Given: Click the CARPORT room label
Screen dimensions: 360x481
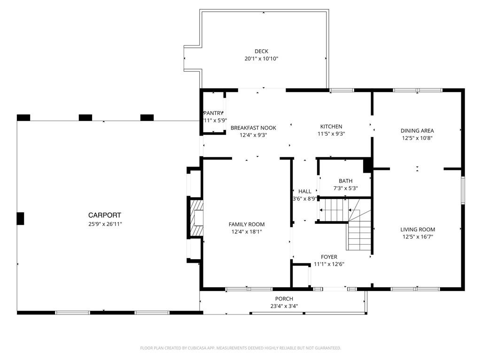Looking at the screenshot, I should click(x=105, y=215).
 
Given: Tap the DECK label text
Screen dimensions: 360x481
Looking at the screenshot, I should click(x=261, y=51).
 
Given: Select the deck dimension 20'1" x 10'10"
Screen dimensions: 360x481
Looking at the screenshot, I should click(x=261, y=59).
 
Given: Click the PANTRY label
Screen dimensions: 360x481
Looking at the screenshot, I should click(x=213, y=113).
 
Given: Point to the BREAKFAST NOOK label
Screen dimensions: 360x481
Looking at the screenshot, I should click(x=253, y=128).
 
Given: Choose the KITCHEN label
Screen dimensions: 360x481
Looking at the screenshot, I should click(x=331, y=126).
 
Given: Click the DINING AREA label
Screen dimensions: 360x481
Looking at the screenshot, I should click(x=417, y=130).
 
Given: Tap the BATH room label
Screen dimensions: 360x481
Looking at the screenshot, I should click(x=345, y=181).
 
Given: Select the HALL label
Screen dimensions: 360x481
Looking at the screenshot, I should click(x=305, y=191).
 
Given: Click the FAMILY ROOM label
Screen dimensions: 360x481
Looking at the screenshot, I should click(x=247, y=224).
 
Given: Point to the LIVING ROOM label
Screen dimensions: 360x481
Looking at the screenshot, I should click(x=418, y=230).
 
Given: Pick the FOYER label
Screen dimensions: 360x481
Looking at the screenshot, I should click(x=329, y=257).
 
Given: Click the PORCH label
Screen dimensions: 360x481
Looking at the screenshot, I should click(x=284, y=299).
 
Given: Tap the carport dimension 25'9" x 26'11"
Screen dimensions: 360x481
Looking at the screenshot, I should click(x=105, y=224).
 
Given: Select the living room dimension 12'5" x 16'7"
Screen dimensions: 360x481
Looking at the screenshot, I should click(x=418, y=237).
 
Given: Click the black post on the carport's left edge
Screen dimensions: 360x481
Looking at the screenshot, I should click(x=20, y=219).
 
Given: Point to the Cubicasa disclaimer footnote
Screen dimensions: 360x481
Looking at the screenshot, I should click(x=240, y=348).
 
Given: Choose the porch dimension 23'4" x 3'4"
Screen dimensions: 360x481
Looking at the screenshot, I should click(x=284, y=306).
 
